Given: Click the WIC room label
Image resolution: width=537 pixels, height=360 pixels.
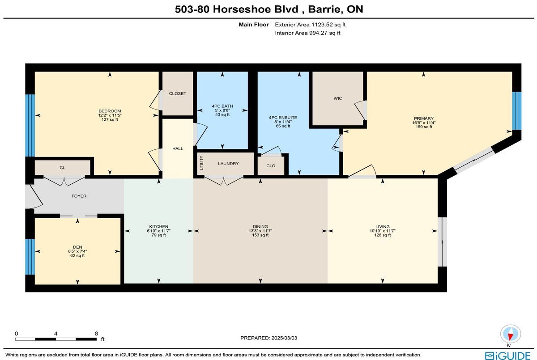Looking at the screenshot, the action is pyautogui.click(x=337, y=98).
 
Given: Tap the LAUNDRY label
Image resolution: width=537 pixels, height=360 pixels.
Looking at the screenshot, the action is pyautogui.click(x=228, y=164).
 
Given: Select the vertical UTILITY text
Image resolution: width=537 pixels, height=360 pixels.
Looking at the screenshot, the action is pyautogui.click(x=201, y=163).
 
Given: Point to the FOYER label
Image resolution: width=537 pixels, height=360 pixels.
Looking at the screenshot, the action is pyautogui.click(x=79, y=196).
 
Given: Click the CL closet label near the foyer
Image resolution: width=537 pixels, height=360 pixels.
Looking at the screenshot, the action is pyautogui.click(x=62, y=168).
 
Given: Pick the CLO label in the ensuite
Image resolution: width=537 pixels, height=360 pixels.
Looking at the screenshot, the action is pyautogui.click(x=271, y=166).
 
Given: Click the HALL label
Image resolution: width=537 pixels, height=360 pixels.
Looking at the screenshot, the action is pyautogui.click(x=178, y=148).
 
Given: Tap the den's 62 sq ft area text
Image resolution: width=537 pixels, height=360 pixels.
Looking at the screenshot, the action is pyautogui.click(x=77, y=255).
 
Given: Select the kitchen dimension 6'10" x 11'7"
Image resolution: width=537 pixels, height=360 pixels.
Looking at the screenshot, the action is pyautogui.click(x=158, y=231).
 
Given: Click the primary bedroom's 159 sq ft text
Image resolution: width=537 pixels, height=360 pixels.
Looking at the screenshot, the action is pyautogui.click(x=424, y=127).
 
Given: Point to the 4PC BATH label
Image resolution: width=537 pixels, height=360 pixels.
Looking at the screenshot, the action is pyautogui.click(x=222, y=106).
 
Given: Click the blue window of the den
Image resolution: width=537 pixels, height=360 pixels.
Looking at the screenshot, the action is pyautogui.click(x=30, y=257).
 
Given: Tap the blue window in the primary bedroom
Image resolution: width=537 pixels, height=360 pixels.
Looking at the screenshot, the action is pyautogui.click(x=516, y=111).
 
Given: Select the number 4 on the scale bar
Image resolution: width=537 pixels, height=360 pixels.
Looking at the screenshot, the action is pyautogui.click(x=55, y=334).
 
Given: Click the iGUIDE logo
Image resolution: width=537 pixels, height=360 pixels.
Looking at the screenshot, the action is pyautogui.click(x=507, y=356).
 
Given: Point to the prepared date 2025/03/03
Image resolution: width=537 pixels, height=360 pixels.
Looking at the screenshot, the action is pyautogui.click(x=284, y=338).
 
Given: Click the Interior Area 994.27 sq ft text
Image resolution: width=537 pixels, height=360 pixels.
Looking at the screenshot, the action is pyautogui.click(x=307, y=33).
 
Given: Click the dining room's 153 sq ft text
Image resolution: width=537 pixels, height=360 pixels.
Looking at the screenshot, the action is pyautogui.click(x=260, y=235).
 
